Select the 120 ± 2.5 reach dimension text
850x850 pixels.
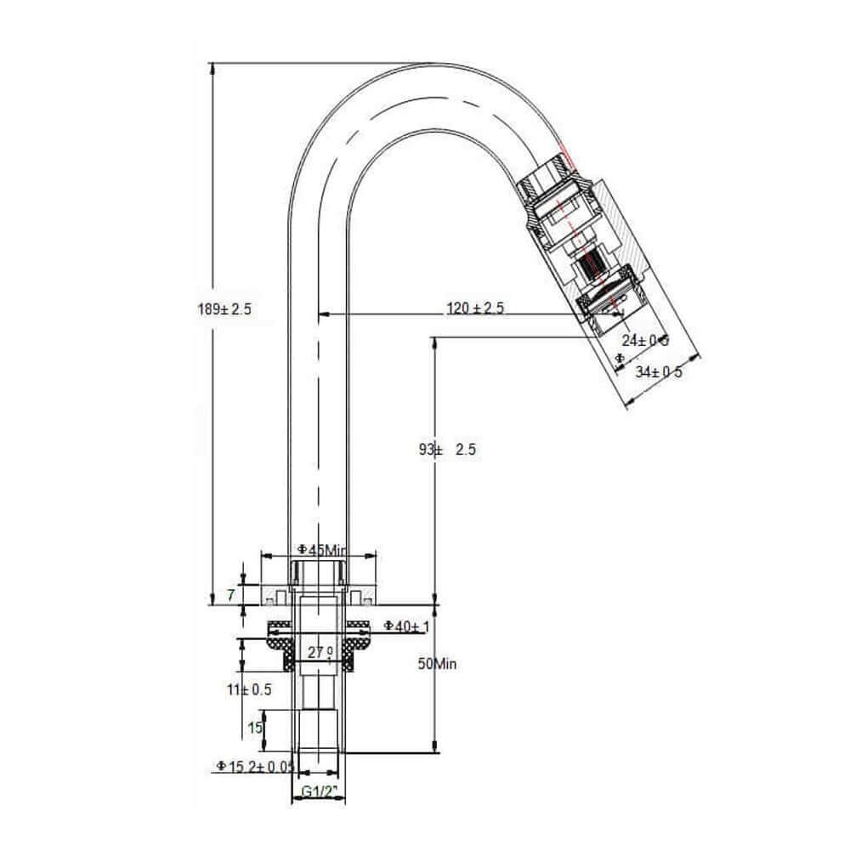click(x=476, y=309)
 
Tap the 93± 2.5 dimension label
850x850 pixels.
click(x=447, y=450)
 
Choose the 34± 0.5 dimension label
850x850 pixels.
click(x=660, y=371)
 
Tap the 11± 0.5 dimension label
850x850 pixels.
click(x=249, y=689)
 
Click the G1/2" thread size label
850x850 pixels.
click(x=320, y=792)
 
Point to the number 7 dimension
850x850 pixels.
click(x=230, y=595)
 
